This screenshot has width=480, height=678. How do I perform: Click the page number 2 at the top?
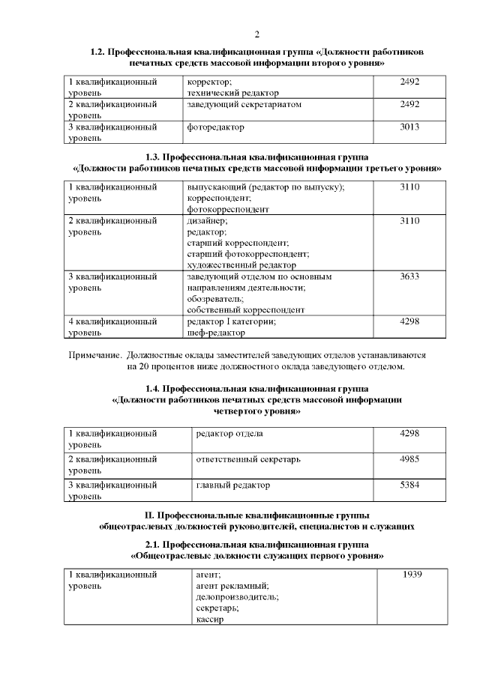point(256,34)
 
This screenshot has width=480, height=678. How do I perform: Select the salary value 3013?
point(409,127)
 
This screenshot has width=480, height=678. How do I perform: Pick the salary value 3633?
point(409,276)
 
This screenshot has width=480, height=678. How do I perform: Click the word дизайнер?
point(207,221)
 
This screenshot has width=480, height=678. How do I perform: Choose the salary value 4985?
point(409,458)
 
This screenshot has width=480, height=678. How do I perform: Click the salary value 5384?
point(409,485)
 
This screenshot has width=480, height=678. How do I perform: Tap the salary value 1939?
point(412,575)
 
